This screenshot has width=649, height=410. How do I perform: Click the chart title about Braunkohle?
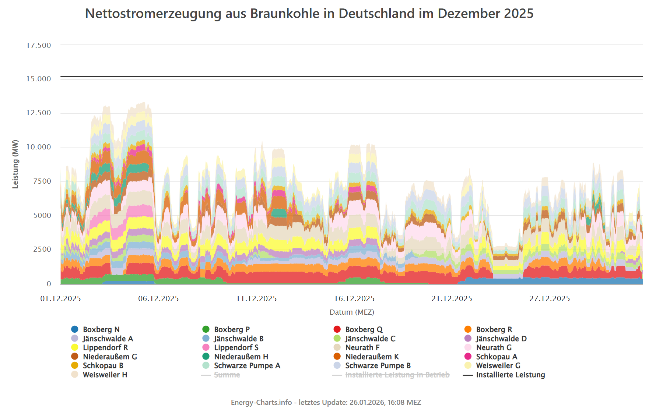pos(309,14)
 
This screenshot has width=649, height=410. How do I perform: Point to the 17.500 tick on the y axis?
pos(39,45)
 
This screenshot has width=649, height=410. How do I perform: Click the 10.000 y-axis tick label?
pos(39,147)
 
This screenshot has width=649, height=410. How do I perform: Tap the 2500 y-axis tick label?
pos(42,250)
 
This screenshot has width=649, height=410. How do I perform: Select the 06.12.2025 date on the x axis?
pos(158,299)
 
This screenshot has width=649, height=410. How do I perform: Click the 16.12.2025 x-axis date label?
pos(354,299)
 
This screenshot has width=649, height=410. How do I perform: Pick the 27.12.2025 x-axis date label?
pos(550,299)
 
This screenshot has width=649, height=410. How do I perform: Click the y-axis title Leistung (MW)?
pos(15,164)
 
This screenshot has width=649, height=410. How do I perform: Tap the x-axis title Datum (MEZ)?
pos(352,312)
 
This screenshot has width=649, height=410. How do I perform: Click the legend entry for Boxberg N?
pos(101,329)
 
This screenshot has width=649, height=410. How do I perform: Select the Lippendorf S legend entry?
pos(236,347)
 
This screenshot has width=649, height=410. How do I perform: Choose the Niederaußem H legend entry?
pos(241,357)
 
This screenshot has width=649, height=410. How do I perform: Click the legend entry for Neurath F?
pos(362,347)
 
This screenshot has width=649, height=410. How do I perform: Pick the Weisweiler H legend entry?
pos(105,375)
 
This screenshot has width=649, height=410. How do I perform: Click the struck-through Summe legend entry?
pos(227,375)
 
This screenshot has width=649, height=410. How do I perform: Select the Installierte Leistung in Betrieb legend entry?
pos(397,375)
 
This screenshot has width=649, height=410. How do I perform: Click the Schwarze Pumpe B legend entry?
pos(378,365)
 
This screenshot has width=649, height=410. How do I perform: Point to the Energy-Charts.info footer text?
pos(326,402)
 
